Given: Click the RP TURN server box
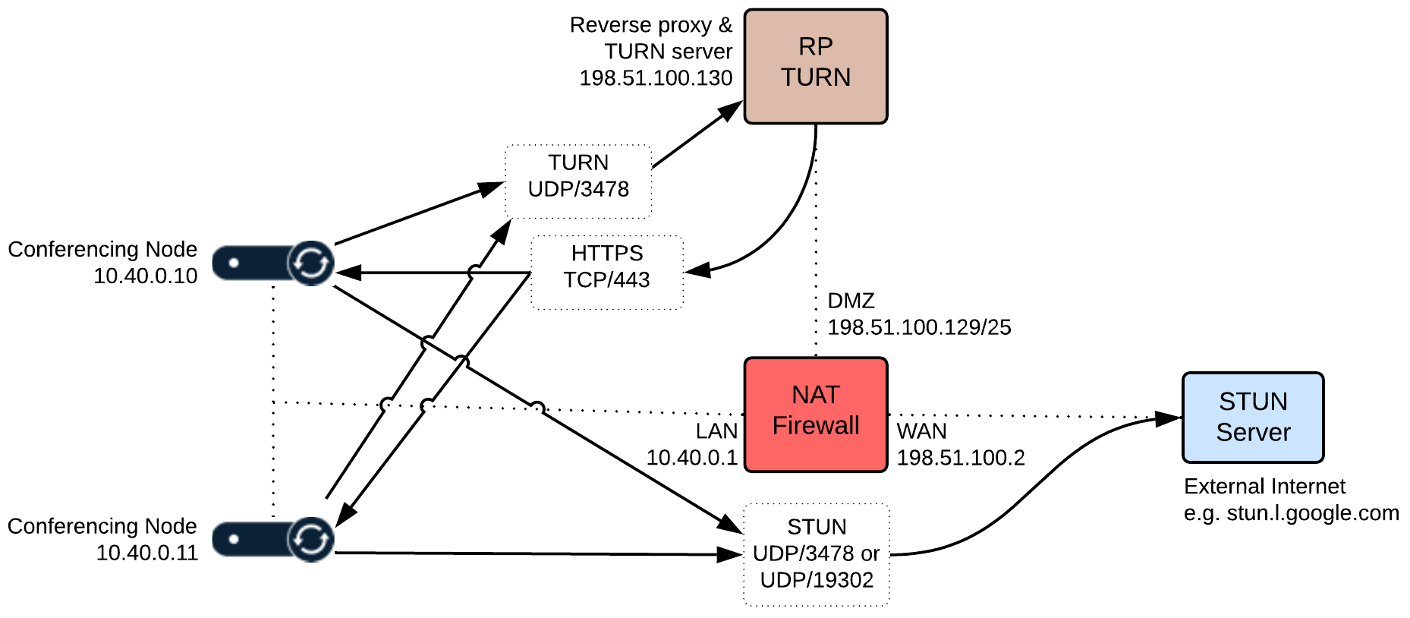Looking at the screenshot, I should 815,66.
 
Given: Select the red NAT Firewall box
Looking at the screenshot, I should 815,415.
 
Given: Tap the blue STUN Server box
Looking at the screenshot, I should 1252,417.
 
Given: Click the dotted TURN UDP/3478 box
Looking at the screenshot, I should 578,181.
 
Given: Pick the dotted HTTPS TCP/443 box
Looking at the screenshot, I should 606,272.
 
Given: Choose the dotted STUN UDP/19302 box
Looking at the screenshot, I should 816,554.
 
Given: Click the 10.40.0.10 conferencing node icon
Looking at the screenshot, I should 274,263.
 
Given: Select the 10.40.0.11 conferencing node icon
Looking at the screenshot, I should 274,539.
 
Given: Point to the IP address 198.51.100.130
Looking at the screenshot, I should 656,78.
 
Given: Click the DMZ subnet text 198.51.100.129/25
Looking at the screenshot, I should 919,327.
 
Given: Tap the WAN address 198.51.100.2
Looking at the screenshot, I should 961,458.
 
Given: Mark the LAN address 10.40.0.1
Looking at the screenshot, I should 691,458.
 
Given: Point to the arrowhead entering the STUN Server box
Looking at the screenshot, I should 1169,418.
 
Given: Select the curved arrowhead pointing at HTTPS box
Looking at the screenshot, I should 697,270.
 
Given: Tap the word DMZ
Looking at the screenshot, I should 851,301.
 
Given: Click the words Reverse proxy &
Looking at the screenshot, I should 651,25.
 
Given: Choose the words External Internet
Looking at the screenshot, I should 1264,486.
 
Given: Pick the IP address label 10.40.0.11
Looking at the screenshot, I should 146,553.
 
